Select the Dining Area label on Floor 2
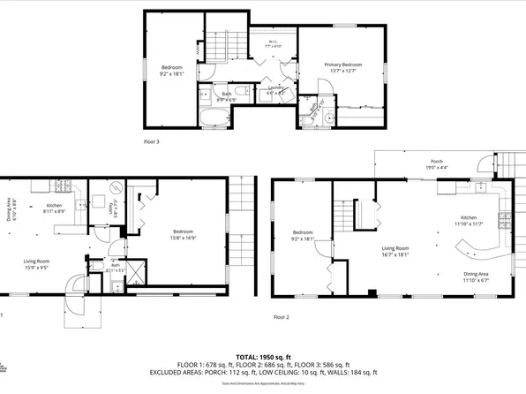[x=477, y=277]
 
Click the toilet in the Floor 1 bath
[x=92, y=264]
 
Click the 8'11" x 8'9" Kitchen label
[x=55, y=208]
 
